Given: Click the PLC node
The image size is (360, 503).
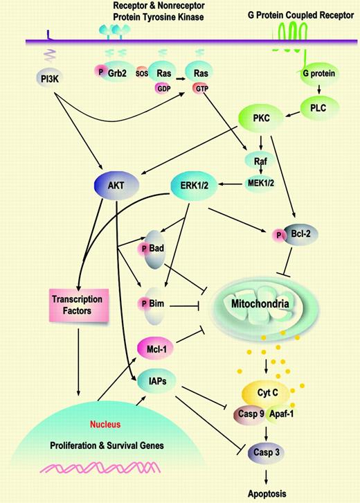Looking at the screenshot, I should point(312,107).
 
